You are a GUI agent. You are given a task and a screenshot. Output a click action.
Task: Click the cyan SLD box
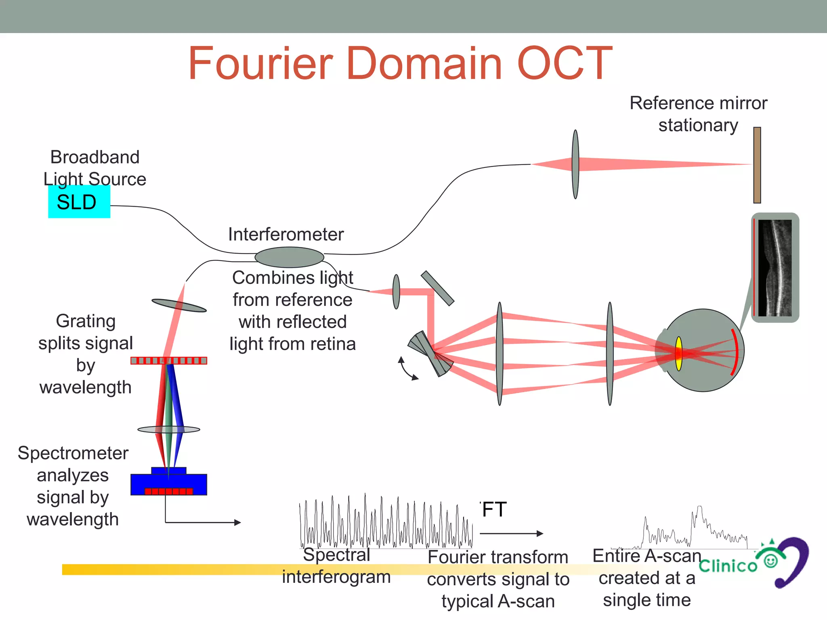point(79,202)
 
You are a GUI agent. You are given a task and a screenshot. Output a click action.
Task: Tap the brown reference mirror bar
point(757,165)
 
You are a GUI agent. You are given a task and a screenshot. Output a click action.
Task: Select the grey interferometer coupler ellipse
point(289,257)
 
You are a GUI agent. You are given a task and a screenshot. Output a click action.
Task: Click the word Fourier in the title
point(261,63)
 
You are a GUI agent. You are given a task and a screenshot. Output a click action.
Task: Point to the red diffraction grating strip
point(169,360)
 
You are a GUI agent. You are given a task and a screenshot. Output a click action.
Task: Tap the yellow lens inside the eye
point(679,354)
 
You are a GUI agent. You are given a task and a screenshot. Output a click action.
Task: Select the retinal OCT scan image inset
point(775,268)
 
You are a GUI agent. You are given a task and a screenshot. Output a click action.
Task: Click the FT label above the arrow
point(494,509)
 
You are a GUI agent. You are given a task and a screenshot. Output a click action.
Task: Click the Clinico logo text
point(728,566)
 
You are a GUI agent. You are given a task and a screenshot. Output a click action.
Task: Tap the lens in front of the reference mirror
point(575,164)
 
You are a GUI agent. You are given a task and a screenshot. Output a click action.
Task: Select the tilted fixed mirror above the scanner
point(438,288)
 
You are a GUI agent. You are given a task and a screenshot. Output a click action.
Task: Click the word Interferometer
point(286,235)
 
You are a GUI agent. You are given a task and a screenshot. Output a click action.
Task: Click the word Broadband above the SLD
point(95,157)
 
